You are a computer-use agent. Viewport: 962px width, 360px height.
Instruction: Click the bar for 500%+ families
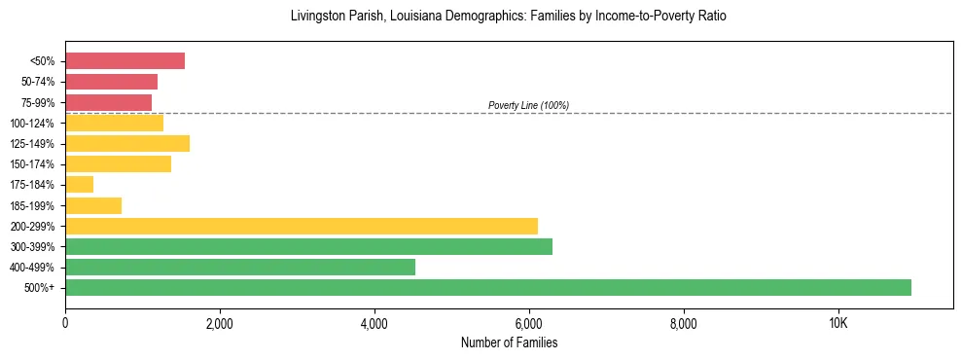click(487, 287)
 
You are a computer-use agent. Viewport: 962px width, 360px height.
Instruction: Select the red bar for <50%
click(125, 61)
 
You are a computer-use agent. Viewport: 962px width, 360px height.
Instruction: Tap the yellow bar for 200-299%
click(301, 226)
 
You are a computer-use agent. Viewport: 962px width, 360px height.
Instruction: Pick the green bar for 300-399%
click(308, 246)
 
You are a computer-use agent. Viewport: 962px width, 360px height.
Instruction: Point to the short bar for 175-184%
click(79, 184)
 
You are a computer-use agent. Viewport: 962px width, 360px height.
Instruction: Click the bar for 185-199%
click(93, 205)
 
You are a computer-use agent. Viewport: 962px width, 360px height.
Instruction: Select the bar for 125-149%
click(127, 143)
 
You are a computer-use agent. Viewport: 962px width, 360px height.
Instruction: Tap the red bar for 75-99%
click(108, 102)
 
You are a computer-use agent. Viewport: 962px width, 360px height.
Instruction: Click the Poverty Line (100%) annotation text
click(528, 105)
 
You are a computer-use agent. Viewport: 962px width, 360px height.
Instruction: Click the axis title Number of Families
click(509, 342)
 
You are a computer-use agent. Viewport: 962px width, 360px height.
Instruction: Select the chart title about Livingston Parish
click(509, 17)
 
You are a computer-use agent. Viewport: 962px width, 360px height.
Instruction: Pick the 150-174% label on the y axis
click(32, 164)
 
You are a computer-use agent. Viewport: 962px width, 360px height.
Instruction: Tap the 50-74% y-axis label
click(35, 82)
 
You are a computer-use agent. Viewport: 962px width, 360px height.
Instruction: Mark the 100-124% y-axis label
click(32, 124)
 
